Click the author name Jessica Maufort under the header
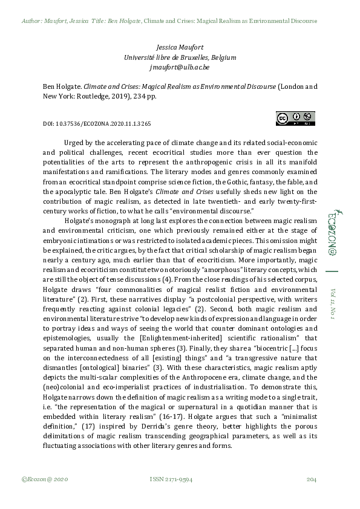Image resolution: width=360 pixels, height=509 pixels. tap(180, 47)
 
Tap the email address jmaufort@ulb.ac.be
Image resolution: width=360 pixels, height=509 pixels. tap(180, 68)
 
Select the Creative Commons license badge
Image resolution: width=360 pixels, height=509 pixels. tap(295, 118)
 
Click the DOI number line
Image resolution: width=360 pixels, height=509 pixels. tap(92, 123)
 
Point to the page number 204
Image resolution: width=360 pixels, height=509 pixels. tap(312, 479)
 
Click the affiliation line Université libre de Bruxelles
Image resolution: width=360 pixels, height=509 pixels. tap(180, 57)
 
